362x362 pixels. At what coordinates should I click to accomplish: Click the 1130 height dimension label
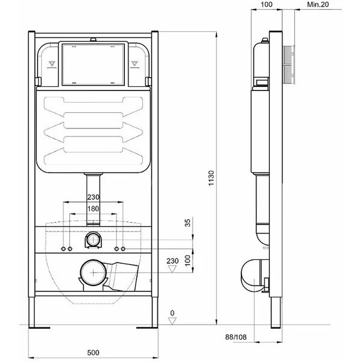pos(211,178)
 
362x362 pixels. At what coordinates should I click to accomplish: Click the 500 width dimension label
pos(94,352)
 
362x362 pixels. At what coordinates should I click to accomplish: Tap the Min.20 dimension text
pos(318,4)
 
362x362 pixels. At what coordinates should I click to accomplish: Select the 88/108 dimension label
pos(236,337)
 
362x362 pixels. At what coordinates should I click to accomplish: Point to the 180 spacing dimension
pos(93,209)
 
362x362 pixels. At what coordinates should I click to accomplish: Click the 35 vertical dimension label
pos(188,223)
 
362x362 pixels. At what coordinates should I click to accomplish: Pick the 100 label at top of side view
pos(267,4)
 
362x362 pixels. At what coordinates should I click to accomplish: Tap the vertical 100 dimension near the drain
pos(188,260)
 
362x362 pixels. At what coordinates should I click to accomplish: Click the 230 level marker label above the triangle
pos(173,261)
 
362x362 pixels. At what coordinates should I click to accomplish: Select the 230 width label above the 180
pos(93,197)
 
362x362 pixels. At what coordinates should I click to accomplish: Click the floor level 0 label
pos(172,313)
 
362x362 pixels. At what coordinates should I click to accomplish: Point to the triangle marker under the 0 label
pos(172,321)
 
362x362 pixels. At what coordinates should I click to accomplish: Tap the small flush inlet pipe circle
pos(94,239)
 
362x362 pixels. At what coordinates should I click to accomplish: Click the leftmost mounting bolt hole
pos(63,249)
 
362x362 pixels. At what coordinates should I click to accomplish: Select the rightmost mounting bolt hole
pos(123,249)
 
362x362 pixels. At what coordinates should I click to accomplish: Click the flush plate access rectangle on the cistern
pos(94,64)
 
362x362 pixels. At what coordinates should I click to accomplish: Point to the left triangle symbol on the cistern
pos(52,63)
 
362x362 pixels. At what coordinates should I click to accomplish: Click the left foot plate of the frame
pos(39,328)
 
